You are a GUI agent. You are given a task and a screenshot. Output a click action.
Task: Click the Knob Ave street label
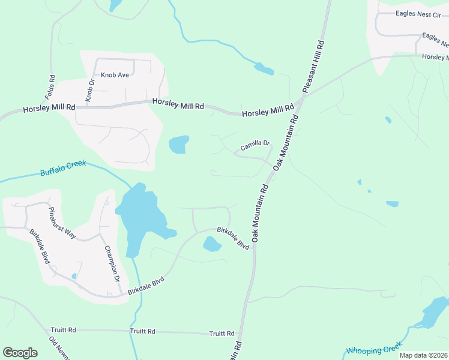click(115, 75)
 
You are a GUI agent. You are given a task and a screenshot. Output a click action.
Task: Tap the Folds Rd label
click(51, 87)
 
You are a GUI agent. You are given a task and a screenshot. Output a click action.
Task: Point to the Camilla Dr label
click(256, 145)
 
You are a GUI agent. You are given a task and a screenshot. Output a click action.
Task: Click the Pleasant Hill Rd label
click(313, 66)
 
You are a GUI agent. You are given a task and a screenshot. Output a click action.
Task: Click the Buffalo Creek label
click(63, 168)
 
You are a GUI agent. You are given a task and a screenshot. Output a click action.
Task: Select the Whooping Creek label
click(373, 349)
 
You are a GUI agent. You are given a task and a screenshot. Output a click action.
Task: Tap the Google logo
click(20, 352)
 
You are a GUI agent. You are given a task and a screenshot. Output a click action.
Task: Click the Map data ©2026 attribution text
click(423, 355)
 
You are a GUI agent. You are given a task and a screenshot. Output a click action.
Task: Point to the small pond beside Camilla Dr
click(179, 144)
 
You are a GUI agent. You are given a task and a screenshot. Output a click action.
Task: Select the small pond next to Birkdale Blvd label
click(212, 244)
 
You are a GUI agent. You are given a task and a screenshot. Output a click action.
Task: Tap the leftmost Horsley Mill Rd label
click(49, 109)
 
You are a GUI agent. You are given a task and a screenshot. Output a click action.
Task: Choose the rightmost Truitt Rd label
click(221, 334)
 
